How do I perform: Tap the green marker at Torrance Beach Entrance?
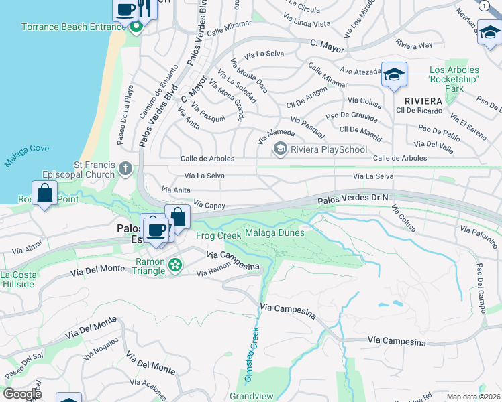pos(136,27)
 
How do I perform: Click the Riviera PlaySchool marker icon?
pos(281,149)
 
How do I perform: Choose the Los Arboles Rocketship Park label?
pos(454,79)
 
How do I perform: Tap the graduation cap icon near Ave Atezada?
pos(394,74)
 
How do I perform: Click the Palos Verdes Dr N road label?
pos(354,198)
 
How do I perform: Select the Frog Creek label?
pos(217,235)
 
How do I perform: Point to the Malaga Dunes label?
pos(274,232)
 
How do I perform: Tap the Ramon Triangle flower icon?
pos(175,266)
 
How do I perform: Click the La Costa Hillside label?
pos(18,279)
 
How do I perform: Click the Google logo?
pos(22,394)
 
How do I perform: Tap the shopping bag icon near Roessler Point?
pos(44,194)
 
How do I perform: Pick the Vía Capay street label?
pos(209,205)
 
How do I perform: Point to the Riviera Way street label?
pos(414,45)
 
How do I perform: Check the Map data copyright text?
pos(472,397)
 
